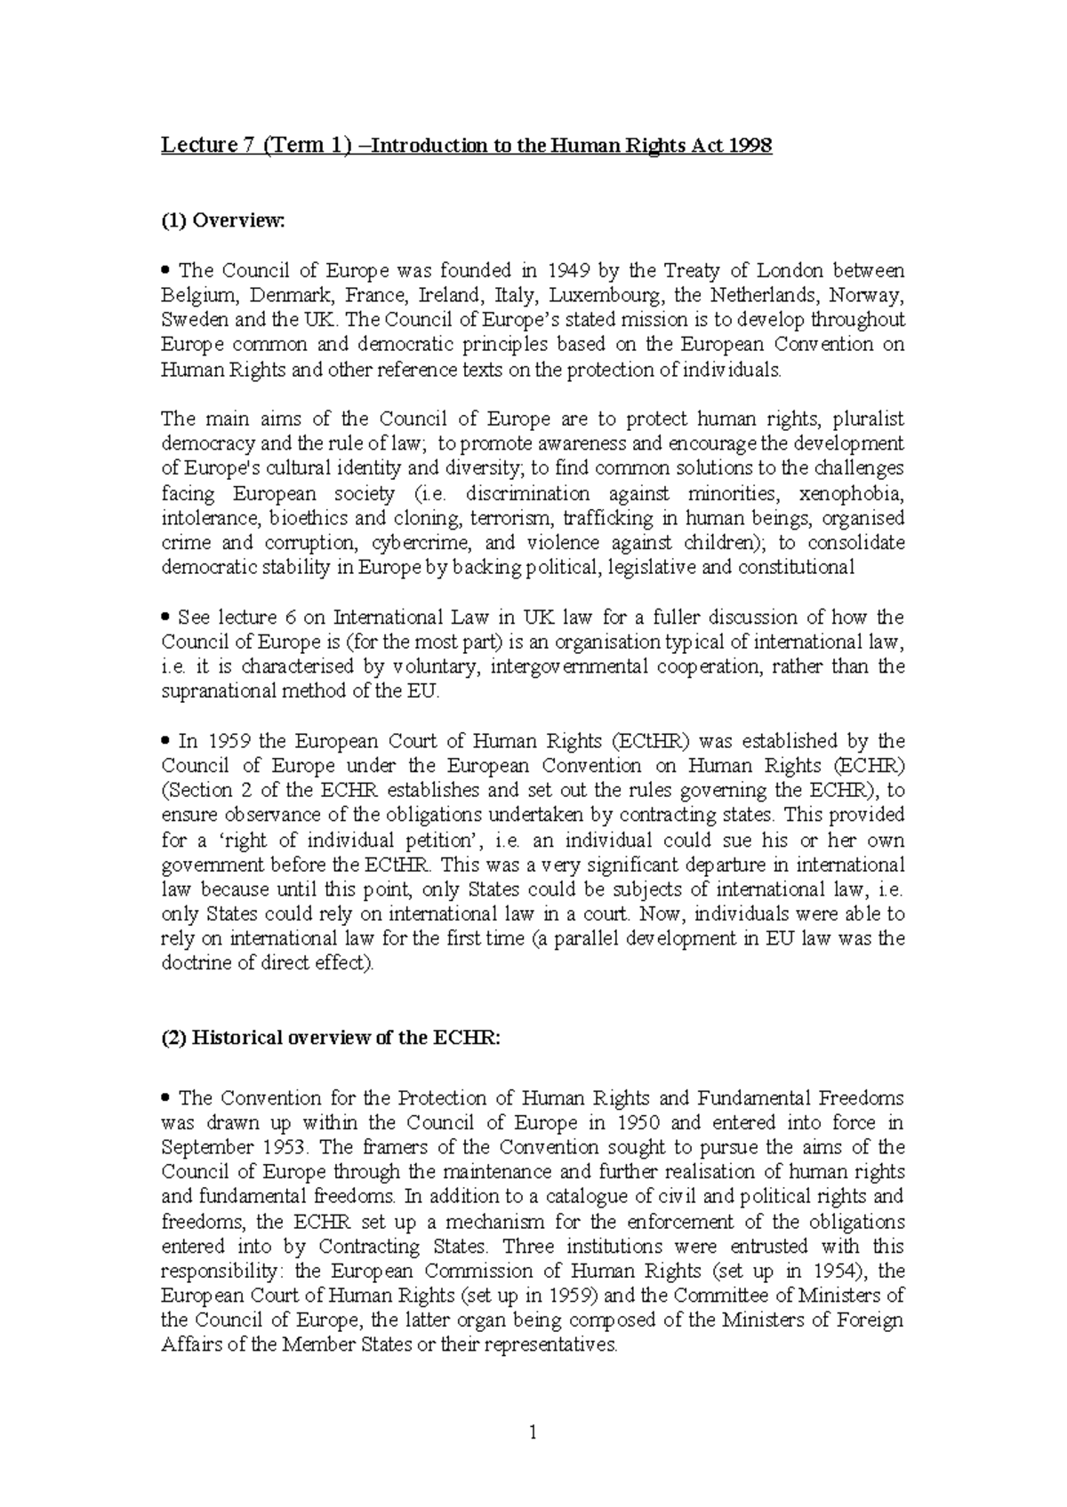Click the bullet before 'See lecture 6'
point(165,618)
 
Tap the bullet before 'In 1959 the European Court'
point(165,741)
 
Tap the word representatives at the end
point(553,1344)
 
